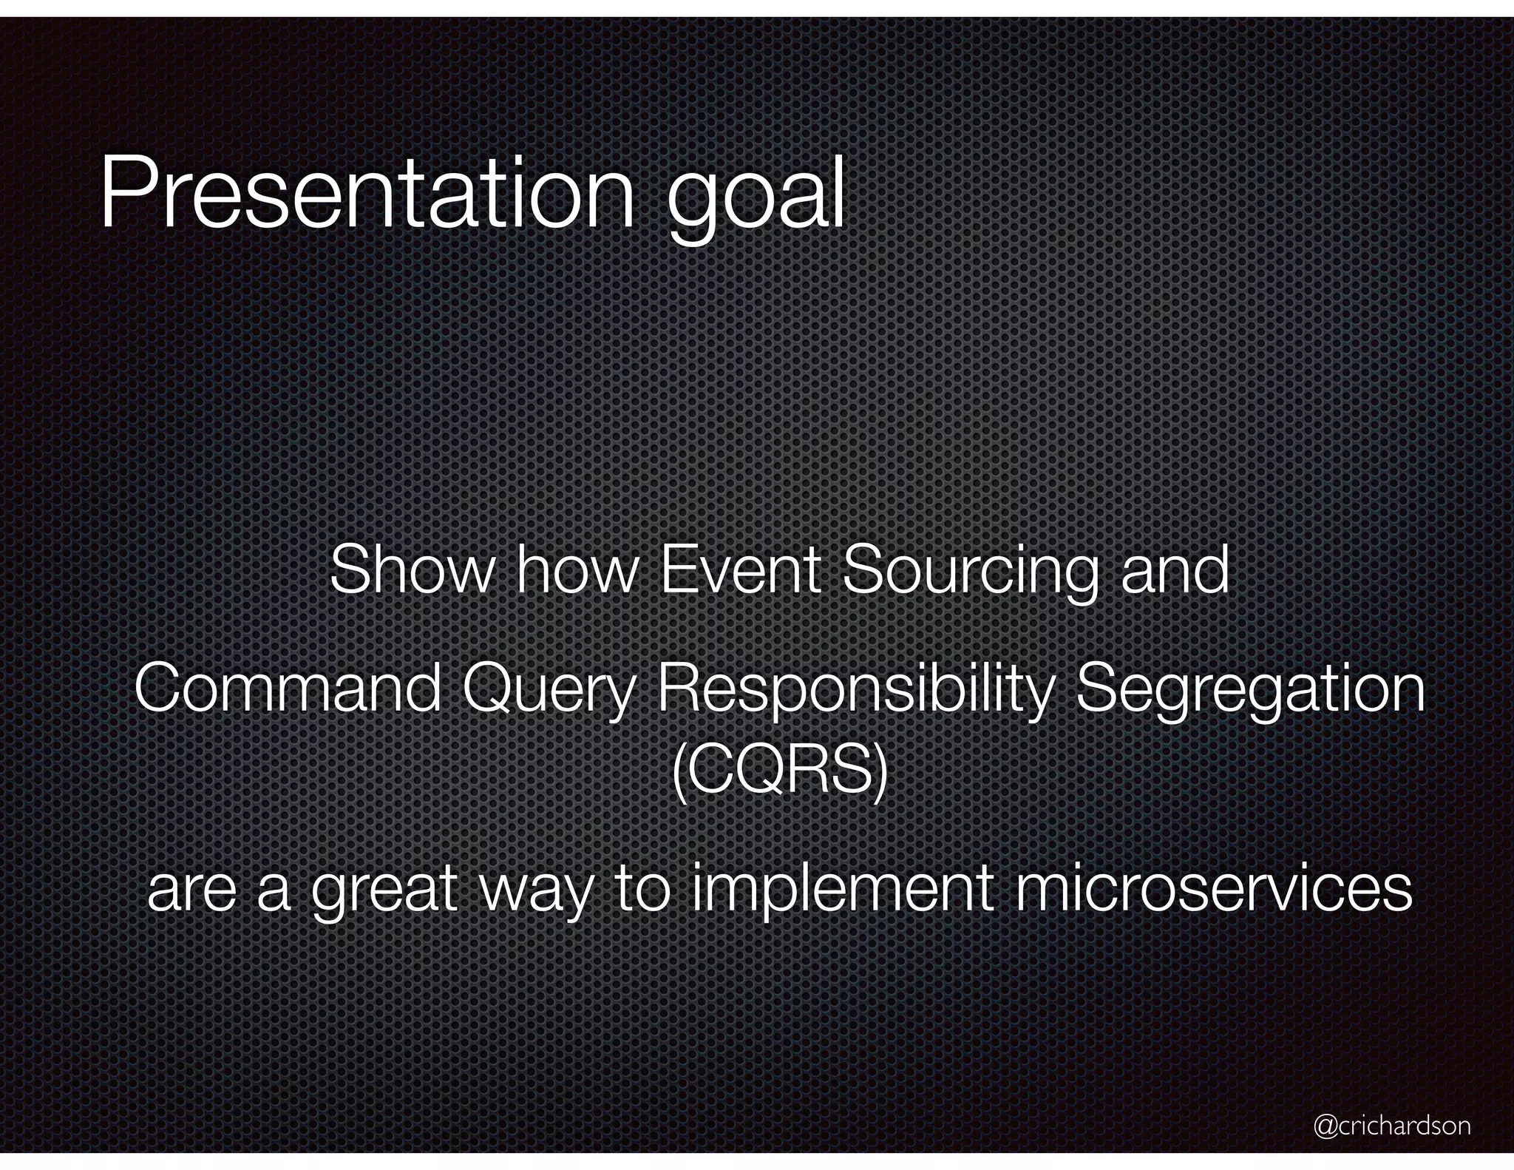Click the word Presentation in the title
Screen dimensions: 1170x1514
pyautogui.click(x=366, y=194)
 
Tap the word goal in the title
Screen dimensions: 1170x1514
pyautogui.click(x=756, y=200)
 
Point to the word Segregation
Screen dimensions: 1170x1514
pyautogui.click(x=1249, y=691)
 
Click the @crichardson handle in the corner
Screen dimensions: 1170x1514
pyautogui.click(x=1391, y=1125)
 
